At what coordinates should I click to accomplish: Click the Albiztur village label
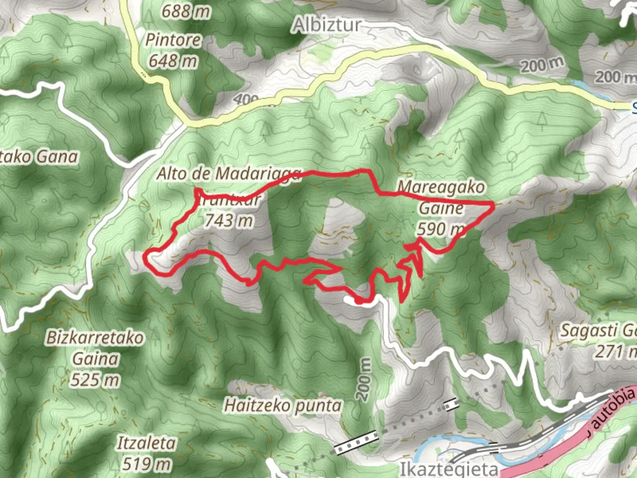pos(327,25)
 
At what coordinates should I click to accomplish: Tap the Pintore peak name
pos(173,40)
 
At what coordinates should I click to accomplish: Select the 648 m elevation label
pos(173,61)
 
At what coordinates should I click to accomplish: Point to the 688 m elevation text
pos(185,11)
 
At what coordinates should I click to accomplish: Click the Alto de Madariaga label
pos(229,173)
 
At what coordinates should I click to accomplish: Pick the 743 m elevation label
pos(229,220)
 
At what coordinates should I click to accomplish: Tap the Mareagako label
pos(441,187)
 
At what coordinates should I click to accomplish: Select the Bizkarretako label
pos(95,338)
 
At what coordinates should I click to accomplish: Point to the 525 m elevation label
pos(95,380)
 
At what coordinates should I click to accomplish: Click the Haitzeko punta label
pos(283,405)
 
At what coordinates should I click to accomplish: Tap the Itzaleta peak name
pos(146,443)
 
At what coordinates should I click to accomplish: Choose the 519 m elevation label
pos(146,464)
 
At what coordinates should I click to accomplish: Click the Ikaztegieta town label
pos(449,468)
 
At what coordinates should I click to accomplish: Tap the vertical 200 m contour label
pos(364,379)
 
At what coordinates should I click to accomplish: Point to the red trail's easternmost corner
pos(493,204)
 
